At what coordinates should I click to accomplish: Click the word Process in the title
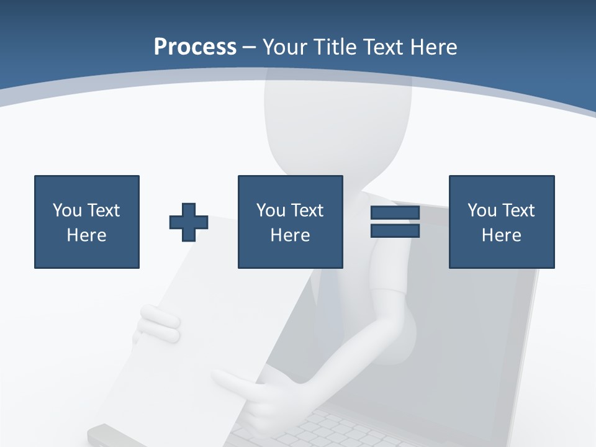(x=195, y=47)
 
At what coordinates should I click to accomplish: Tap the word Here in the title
(x=433, y=47)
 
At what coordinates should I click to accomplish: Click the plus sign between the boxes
(x=189, y=222)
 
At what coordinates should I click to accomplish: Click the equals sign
(x=395, y=222)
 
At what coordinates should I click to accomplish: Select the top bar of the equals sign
(x=395, y=213)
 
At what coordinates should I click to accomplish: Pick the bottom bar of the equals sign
(x=395, y=230)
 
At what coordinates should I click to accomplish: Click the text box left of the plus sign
(x=87, y=222)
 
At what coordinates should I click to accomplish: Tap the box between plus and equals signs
(x=291, y=222)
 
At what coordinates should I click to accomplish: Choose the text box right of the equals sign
(x=502, y=222)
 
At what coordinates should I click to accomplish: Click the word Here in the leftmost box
(x=87, y=235)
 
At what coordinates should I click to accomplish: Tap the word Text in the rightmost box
(x=520, y=210)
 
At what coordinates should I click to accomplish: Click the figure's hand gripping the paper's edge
(x=158, y=324)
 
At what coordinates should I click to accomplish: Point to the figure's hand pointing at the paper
(x=248, y=394)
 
